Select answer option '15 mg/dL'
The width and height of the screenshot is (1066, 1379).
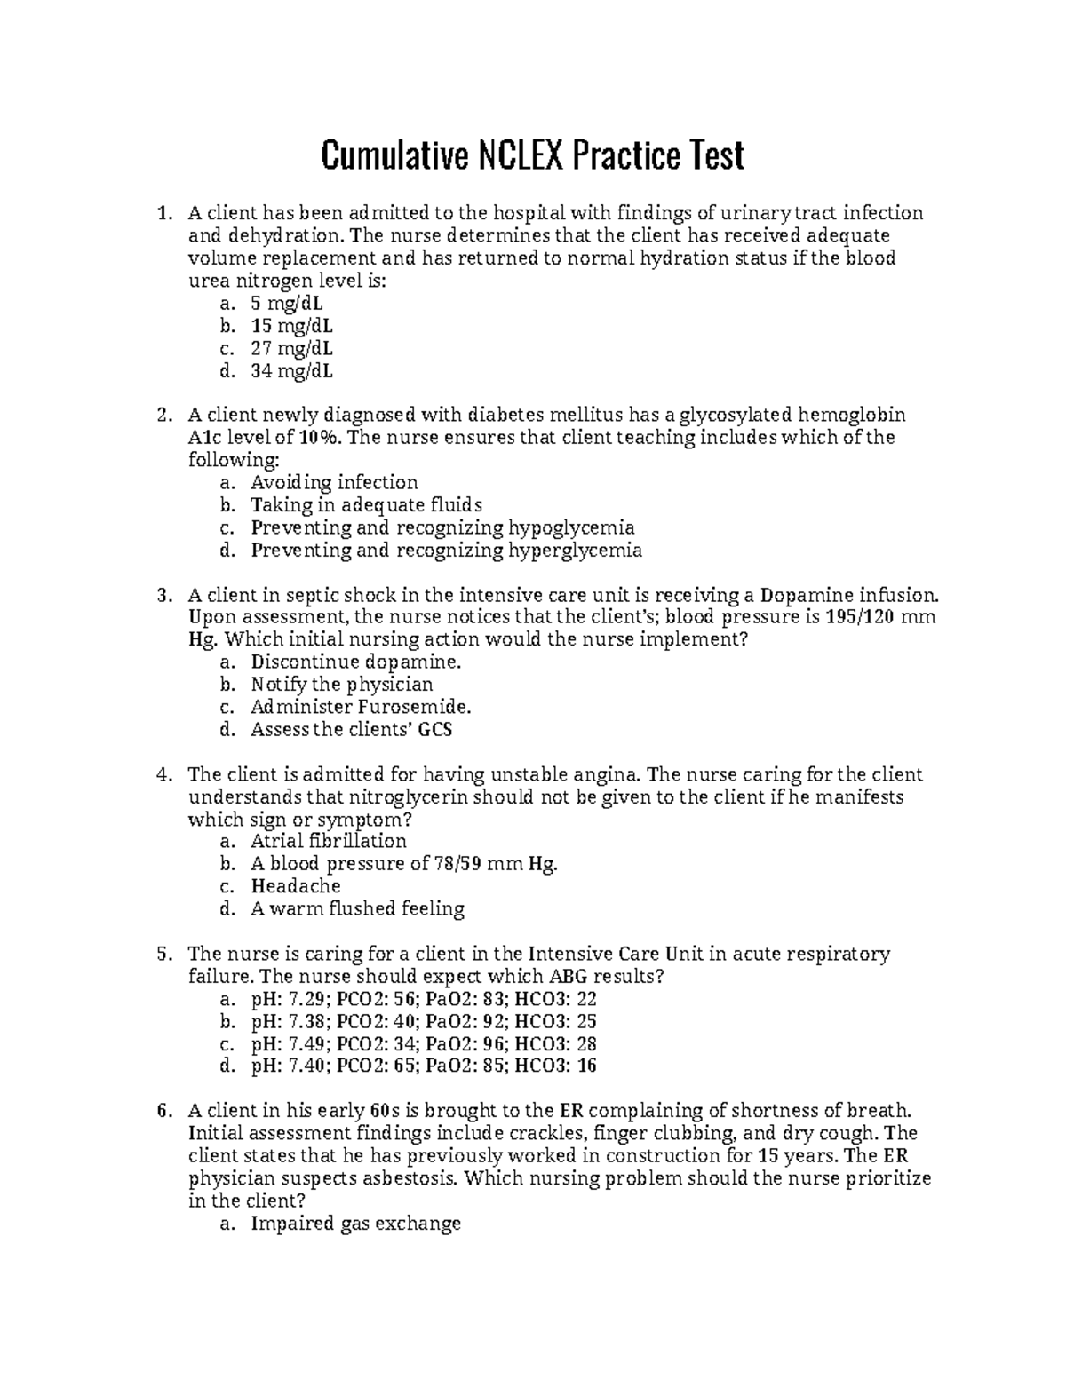coord(292,326)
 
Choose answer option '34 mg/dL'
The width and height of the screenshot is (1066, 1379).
coord(292,371)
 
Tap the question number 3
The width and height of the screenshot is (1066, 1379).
coord(163,595)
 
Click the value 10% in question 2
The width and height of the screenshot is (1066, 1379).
coord(318,438)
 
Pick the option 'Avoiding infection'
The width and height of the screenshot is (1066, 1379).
coord(334,483)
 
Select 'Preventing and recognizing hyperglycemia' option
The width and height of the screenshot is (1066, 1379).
coord(446,551)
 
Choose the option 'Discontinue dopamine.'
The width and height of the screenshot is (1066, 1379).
coord(356,662)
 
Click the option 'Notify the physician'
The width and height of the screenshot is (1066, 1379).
coord(342,685)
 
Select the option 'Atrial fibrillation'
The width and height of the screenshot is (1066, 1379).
coord(329,841)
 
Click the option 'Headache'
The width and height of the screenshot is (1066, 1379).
coord(296,886)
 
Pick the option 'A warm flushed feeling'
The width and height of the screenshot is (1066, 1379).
coord(358,908)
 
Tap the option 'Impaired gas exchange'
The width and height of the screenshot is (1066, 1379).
coord(355,1224)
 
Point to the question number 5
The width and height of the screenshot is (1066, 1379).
coord(163,954)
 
